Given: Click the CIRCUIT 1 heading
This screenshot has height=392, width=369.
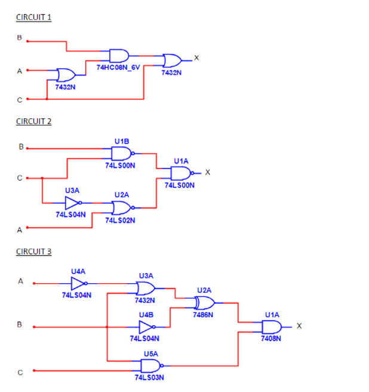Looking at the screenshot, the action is [x=33, y=17].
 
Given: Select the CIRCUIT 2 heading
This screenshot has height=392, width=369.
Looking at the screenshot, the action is [x=33, y=121].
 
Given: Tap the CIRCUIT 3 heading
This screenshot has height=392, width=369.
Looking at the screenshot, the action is [x=33, y=252].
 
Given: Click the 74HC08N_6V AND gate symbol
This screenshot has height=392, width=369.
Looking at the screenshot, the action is [x=119, y=56].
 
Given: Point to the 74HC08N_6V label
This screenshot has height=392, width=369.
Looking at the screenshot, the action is [x=118, y=68].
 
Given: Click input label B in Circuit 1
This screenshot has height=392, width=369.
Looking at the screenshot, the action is [x=20, y=38].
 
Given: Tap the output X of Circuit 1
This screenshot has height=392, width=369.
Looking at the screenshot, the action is [x=196, y=58].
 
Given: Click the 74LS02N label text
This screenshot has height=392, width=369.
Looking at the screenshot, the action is [x=120, y=220].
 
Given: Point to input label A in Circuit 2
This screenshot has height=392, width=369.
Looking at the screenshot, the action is [x=20, y=230].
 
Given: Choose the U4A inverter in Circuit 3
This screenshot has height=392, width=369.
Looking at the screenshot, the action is [x=79, y=283].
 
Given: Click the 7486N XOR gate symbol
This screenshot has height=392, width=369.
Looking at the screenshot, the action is [x=205, y=303].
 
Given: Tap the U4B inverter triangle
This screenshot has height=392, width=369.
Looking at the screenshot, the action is [x=147, y=327].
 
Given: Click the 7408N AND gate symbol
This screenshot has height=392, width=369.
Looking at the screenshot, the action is [x=272, y=327].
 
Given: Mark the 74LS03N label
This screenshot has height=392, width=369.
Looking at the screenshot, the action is [x=149, y=378].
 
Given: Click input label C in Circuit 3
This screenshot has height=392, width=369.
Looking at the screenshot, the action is [x=20, y=373].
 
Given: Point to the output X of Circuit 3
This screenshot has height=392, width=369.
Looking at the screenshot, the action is [x=299, y=326].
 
